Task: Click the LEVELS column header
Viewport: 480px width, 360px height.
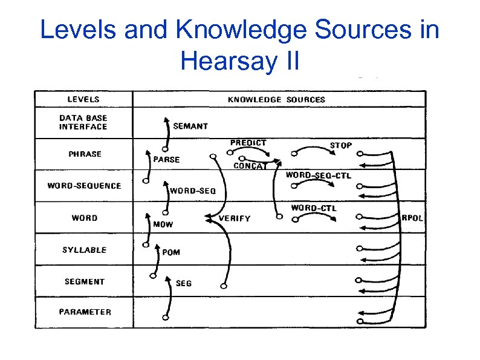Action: [x=83, y=99]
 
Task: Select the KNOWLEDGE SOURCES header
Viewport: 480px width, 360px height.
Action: [x=276, y=99]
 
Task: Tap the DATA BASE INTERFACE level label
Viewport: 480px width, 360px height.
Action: [x=83, y=122]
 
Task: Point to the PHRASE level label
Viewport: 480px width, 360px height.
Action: [x=85, y=154]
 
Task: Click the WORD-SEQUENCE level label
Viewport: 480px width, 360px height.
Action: [x=84, y=186]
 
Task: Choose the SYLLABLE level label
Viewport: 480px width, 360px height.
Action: [x=84, y=249]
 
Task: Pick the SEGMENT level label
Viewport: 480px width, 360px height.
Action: [x=84, y=281]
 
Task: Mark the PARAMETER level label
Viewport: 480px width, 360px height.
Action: [x=85, y=312]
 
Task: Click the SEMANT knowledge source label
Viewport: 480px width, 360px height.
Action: [x=190, y=126]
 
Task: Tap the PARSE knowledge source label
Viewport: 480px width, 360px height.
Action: [x=167, y=160]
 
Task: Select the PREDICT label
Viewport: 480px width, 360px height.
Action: [x=248, y=143]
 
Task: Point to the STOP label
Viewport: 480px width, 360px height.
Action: [x=341, y=145]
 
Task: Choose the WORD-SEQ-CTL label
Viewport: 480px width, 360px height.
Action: [x=318, y=175]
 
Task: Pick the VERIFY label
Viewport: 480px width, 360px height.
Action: [x=234, y=218]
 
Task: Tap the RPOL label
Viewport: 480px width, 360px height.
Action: [x=413, y=218]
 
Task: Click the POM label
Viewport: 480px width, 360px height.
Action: [x=171, y=252]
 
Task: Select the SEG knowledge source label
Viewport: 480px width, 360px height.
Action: [x=184, y=283]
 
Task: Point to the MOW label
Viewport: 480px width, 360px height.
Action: [x=163, y=224]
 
